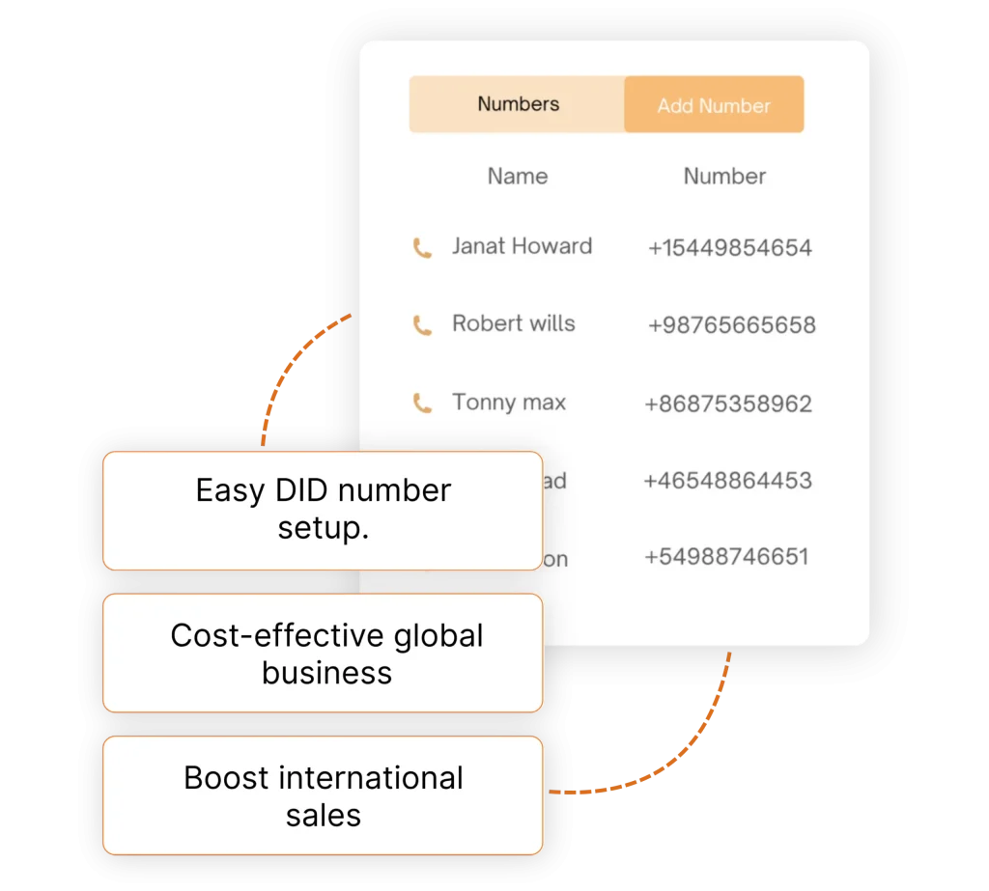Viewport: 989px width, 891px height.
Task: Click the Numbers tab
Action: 518,104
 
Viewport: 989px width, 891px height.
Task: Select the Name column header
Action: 517,177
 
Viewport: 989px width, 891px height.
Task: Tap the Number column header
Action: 724,177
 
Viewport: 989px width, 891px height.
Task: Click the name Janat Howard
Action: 522,246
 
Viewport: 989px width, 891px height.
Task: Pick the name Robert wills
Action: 513,324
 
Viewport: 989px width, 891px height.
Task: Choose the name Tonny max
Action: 508,403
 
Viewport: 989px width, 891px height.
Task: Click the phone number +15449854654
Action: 729,248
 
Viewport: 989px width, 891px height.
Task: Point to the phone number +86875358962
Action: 727,404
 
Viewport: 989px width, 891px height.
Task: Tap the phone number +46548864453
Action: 727,481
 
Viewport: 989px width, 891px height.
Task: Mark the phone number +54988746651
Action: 725,557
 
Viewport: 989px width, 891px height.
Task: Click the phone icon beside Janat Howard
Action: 422,248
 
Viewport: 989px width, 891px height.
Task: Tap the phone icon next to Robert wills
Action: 422,325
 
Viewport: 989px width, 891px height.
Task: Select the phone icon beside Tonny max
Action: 422,403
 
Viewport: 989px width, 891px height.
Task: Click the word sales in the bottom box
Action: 323,816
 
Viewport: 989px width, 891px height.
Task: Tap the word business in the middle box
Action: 326,673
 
